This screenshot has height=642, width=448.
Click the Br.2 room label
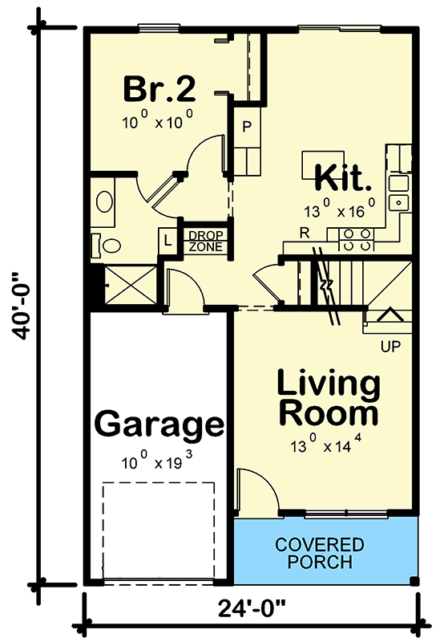pyautogui.click(x=159, y=89)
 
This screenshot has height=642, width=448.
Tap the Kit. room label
pyautogui.click(x=344, y=176)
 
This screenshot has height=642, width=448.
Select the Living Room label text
pyautogui.click(x=328, y=399)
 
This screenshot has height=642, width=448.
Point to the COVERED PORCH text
pyautogui.click(x=319, y=553)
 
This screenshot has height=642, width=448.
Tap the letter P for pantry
pyautogui.click(x=248, y=127)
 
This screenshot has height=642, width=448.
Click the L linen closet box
pyautogui.click(x=168, y=241)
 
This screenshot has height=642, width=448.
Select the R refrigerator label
pyautogui.click(x=305, y=232)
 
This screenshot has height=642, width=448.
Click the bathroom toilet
pyautogui.click(x=107, y=244)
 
